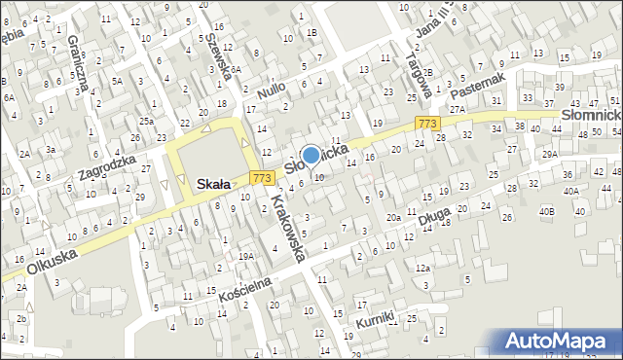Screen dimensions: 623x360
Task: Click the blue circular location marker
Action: coord(311,155)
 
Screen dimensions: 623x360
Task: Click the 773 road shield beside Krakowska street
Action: coord(260,178)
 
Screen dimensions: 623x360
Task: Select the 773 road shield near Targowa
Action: coord(425,124)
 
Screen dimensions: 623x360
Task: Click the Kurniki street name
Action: coord(375,318)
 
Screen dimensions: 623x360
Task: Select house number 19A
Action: coord(247,257)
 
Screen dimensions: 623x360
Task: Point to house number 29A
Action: coord(550,155)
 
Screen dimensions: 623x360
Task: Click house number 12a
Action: coord(421,268)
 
